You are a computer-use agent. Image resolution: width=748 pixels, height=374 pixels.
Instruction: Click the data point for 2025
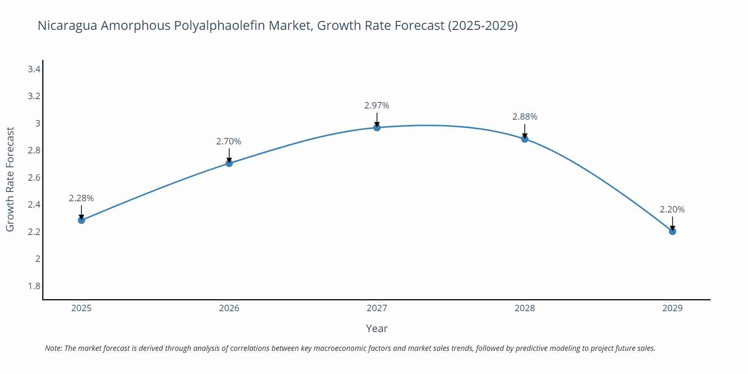tap(81, 220)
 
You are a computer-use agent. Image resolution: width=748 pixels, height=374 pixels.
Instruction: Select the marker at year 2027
tap(377, 128)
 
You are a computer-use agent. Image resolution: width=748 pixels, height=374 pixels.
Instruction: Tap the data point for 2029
tap(672, 232)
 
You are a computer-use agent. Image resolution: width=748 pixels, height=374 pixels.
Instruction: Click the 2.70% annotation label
tap(229, 142)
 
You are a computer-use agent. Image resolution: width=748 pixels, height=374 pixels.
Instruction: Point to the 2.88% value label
tap(525, 117)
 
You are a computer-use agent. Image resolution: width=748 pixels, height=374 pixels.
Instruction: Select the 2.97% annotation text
tap(377, 106)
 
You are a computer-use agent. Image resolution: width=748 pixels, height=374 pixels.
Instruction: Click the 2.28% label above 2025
tap(81, 199)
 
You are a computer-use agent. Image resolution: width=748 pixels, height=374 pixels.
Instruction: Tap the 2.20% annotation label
tap(672, 210)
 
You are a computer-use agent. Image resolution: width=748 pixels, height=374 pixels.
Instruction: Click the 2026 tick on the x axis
tap(229, 308)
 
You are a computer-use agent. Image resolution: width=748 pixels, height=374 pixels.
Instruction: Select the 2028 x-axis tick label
tap(525, 308)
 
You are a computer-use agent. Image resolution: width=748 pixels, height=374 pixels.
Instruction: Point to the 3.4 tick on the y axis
tap(34, 69)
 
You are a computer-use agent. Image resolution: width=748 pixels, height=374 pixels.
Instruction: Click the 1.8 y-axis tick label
tap(34, 286)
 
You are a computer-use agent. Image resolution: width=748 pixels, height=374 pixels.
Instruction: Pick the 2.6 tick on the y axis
tap(34, 178)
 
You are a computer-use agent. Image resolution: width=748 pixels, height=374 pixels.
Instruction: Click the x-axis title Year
tap(377, 329)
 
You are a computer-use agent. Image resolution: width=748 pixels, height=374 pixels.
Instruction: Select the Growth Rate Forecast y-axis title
tap(10, 180)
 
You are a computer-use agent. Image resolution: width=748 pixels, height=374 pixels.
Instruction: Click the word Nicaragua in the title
tap(67, 26)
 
